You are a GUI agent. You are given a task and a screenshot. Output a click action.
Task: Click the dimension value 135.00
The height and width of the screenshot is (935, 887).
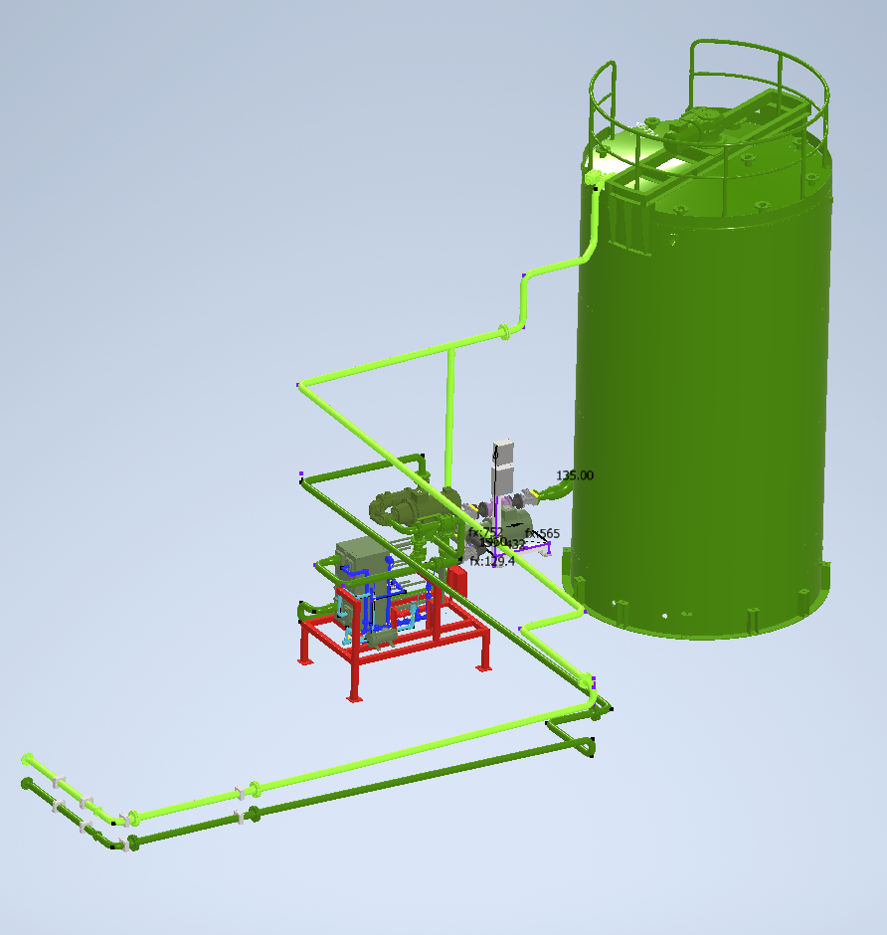pos(575,475)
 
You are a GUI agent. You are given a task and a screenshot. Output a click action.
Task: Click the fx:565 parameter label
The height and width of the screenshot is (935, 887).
pos(543,534)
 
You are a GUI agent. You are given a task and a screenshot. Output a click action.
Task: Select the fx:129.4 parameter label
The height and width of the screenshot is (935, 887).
pos(492,561)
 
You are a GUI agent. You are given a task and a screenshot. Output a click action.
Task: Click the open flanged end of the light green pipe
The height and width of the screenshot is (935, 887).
pos(28,759)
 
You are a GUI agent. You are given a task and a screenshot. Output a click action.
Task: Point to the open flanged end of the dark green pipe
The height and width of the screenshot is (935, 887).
pos(27,784)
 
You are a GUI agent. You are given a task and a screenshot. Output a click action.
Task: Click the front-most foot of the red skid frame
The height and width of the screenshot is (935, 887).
pos(354,692)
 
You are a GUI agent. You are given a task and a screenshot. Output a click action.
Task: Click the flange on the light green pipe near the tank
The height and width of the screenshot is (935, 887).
pos(505,331)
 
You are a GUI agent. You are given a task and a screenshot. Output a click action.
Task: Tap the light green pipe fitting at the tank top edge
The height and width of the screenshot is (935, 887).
pos(595,178)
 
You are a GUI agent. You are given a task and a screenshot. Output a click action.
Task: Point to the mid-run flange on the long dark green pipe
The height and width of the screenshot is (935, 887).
pos(253,814)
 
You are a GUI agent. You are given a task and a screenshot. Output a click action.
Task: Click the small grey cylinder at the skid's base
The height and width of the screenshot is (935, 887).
pos(377,640)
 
